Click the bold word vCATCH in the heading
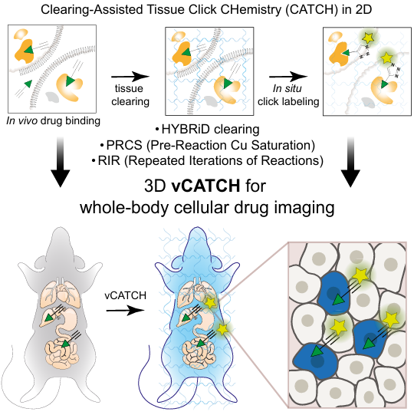tap(205, 186)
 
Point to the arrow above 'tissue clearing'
tap(130, 77)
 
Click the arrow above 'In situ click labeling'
tap(288, 77)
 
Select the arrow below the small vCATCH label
tap(126, 310)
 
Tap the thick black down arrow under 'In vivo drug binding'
tap(61, 162)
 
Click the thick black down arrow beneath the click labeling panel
tap(350, 162)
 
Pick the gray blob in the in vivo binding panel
tap(54, 97)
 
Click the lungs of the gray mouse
tap(60, 291)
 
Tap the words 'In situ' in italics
tap(287, 88)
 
